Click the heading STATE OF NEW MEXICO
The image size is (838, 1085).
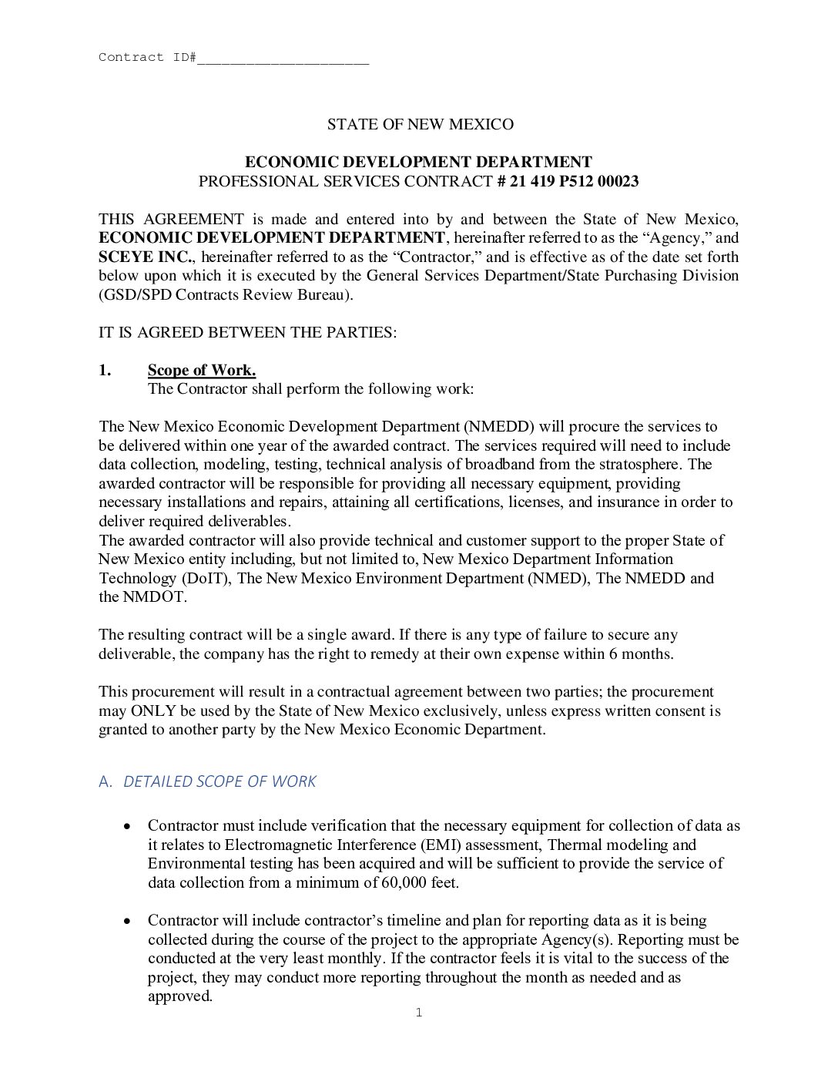(x=420, y=124)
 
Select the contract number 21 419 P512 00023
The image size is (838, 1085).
(x=575, y=181)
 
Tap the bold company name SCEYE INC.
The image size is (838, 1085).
(x=144, y=257)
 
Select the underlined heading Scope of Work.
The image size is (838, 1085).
(x=202, y=370)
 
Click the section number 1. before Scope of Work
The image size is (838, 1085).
(x=105, y=370)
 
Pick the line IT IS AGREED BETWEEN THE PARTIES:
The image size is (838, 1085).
(x=247, y=332)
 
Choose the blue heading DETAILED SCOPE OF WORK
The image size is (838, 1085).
(x=220, y=781)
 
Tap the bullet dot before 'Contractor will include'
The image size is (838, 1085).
(x=128, y=921)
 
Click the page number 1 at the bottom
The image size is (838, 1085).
(x=419, y=1013)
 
